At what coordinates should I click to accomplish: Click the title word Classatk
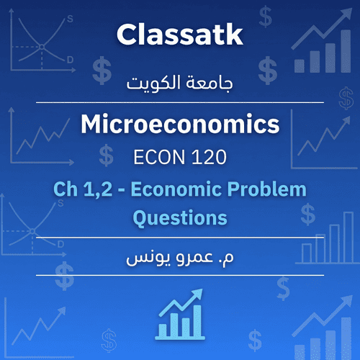tap(179, 34)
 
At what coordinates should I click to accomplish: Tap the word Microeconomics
tap(179, 126)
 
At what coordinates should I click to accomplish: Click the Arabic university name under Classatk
tap(179, 84)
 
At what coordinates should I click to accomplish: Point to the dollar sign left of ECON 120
tap(107, 153)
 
